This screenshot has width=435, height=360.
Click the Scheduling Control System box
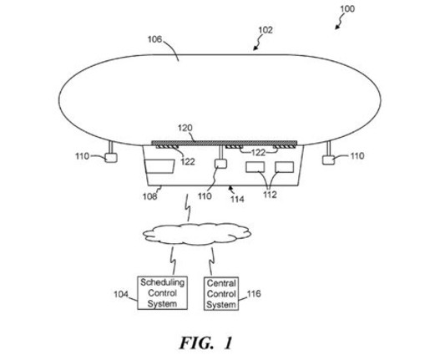(x=162, y=293)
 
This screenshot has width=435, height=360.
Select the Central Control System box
(x=221, y=293)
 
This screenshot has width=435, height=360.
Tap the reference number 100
(x=347, y=9)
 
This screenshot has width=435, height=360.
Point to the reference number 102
(x=266, y=30)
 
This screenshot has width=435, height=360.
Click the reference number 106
(x=154, y=39)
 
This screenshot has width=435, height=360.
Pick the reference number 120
(x=185, y=128)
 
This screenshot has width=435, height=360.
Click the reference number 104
(x=121, y=294)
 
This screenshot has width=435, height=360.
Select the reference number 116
(x=254, y=294)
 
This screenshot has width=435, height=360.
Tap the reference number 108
(x=149, y=196)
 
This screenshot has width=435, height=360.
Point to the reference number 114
(x=237, y=199)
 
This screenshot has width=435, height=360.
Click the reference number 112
(x=270, y=195)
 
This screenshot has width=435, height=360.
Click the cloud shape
(x=197, y=234)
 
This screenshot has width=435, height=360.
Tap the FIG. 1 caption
(x=205, y=342)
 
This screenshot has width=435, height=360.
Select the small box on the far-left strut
(x=111, y=158)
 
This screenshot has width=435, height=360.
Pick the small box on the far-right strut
(x=328, y=160)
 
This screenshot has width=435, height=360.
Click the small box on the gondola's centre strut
(x=220, y=164)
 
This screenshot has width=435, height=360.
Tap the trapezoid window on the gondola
(x=159, y=166)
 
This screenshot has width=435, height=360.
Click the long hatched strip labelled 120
(x=225, y=143)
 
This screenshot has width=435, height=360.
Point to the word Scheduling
(x=162, y=282)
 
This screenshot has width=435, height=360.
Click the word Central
(x=221, y=283)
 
